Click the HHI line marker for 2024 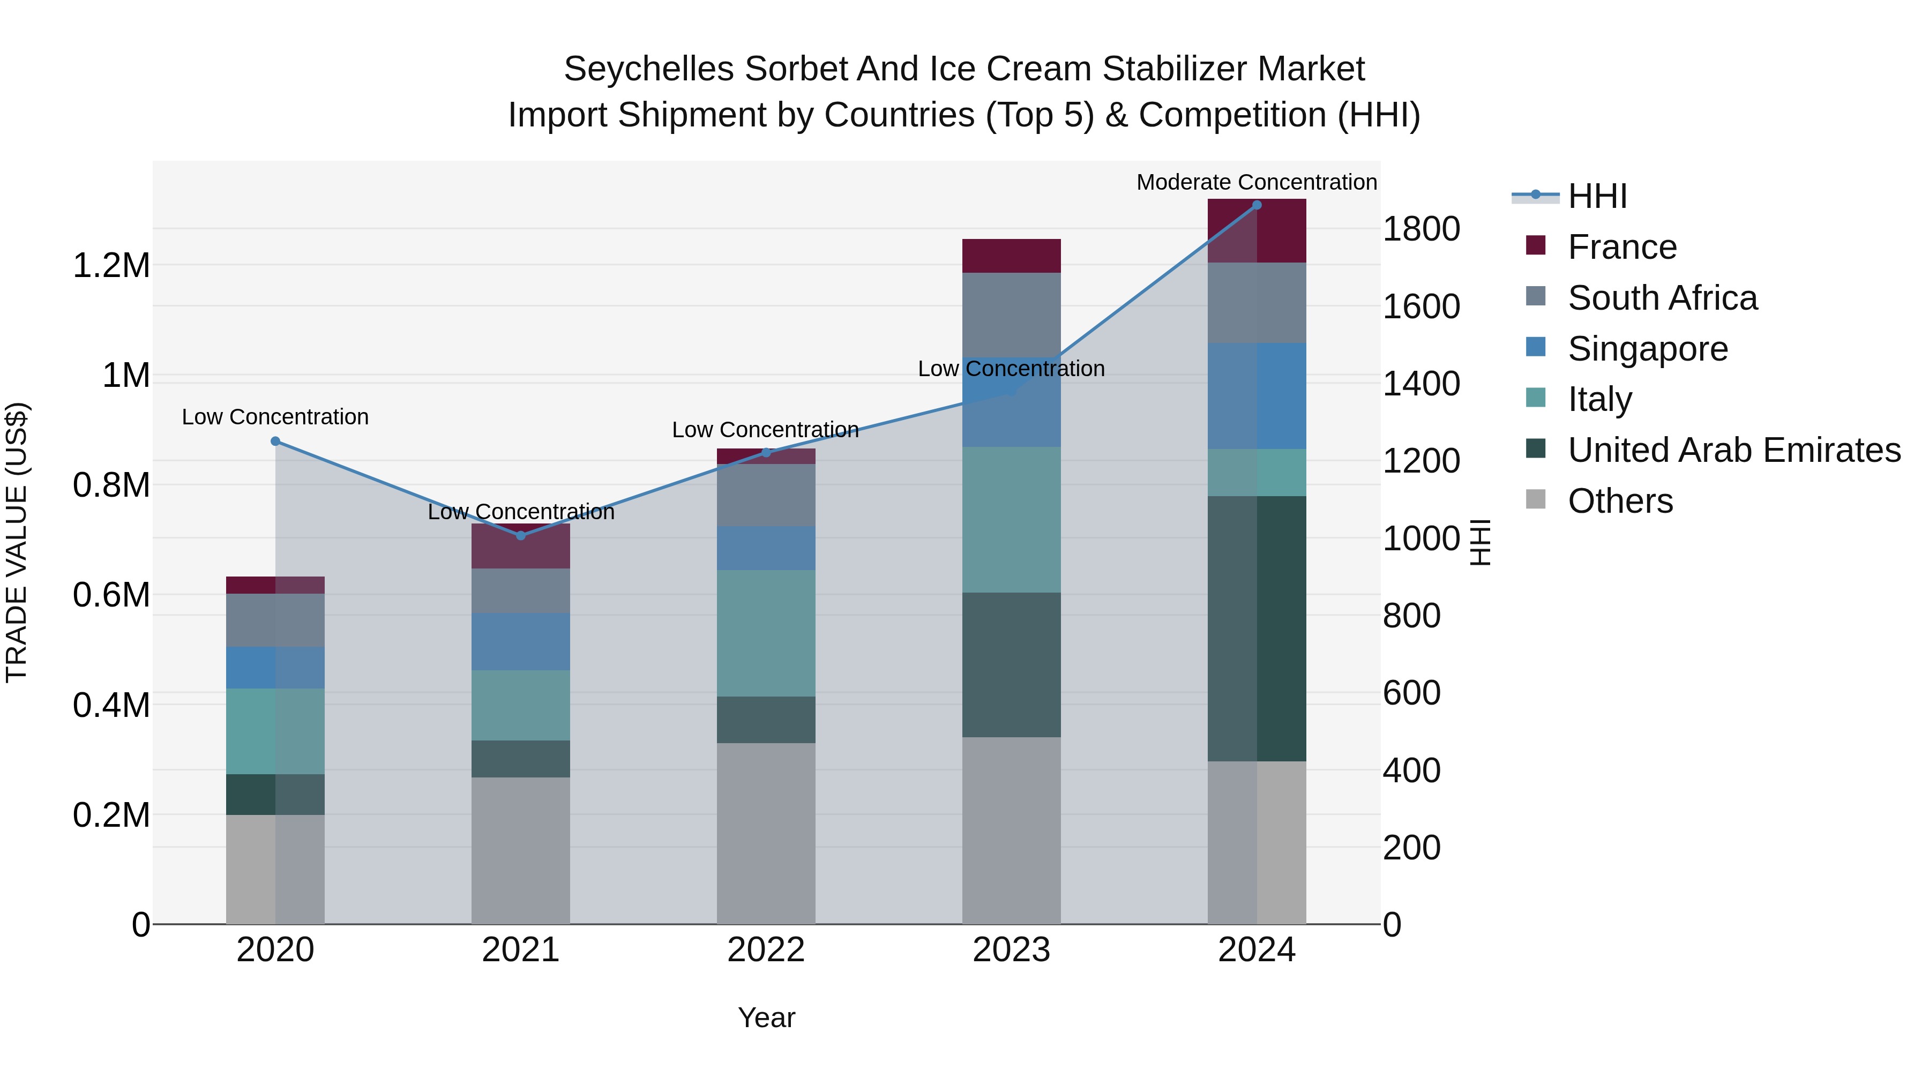[x=1257, y=205]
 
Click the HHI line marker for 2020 [x=275, y=441]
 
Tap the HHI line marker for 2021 [x=521, y=535]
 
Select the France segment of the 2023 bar [x=1011, y=256]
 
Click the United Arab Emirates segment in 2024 [x=1257, y=629]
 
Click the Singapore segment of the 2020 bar [x=275, y=668]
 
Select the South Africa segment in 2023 [x=1011, y=315]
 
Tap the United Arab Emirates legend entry [x=1733, y=450]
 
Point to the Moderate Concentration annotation [x=1256, y=182]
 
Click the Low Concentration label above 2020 [x=275, y=417]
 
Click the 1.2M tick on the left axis [x=111, y=266]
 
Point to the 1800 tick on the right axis [x=1420, y=229]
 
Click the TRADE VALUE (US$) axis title [x=17, y=542]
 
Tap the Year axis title [x=766, y=1017]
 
